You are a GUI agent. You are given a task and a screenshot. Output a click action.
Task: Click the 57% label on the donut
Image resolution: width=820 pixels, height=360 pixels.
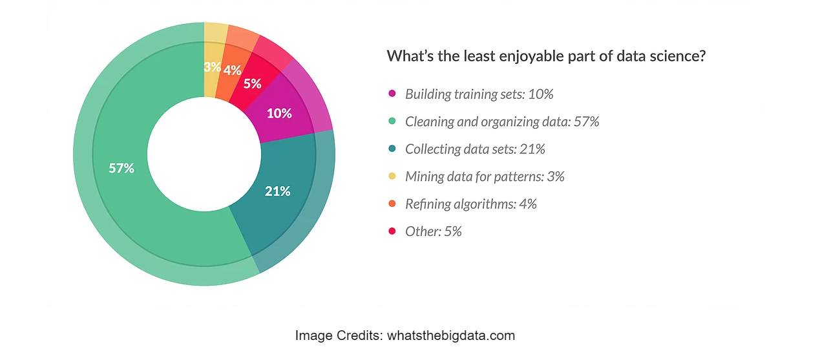[121, 169]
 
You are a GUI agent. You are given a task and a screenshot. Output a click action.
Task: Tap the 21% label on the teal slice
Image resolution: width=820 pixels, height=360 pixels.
[277, 191]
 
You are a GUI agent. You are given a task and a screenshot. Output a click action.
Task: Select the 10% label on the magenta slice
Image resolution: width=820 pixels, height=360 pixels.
[279, 114]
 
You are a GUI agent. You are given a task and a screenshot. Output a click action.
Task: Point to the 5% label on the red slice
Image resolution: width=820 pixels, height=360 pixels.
[252, 83]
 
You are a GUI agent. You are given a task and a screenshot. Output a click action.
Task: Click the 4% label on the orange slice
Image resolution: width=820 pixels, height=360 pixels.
[232, 70]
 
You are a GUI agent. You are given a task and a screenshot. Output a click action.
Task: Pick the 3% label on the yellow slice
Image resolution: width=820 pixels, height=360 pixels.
[213, 67]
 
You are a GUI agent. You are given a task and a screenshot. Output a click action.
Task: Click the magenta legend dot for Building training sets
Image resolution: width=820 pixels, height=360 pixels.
[392, 94]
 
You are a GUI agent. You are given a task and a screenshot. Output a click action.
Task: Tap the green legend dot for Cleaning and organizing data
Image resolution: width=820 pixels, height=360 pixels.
[392, 122]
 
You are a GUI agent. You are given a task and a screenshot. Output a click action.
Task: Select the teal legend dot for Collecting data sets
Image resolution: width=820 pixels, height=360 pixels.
[392, 149]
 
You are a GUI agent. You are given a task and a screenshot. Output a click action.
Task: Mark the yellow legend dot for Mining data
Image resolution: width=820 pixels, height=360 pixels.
[392, 176]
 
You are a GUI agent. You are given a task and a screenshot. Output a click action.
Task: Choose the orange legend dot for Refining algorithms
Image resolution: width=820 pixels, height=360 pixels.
[392, 204]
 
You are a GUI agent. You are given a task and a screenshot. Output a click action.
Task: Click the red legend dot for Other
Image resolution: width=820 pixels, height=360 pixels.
[392, 231]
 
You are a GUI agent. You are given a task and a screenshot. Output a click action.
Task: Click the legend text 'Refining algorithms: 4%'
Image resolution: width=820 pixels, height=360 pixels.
[471, 204]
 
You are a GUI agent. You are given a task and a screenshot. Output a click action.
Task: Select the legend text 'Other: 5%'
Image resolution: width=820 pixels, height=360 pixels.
[434, 231]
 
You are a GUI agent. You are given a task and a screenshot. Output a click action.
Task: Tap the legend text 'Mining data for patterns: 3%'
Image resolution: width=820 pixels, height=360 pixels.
[485, 176]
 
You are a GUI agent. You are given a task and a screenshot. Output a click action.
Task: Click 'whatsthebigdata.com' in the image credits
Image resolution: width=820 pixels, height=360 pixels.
[452, 336]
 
